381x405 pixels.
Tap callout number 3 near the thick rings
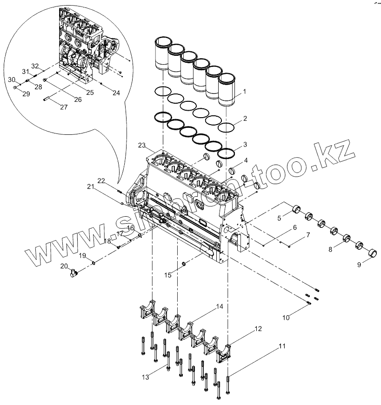coord(245,146)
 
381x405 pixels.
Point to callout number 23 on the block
coord(142,146)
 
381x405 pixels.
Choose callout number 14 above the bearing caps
coord(219,308)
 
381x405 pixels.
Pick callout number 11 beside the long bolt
coord(283,346)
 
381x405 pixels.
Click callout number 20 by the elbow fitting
coord(65,266)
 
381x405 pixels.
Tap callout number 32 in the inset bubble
coord(35,66)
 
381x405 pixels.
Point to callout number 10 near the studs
coord(286,317)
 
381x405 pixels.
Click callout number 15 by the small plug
coord(168,275)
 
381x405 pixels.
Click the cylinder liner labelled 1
coord(228,91)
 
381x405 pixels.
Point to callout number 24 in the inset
coord(116,93)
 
